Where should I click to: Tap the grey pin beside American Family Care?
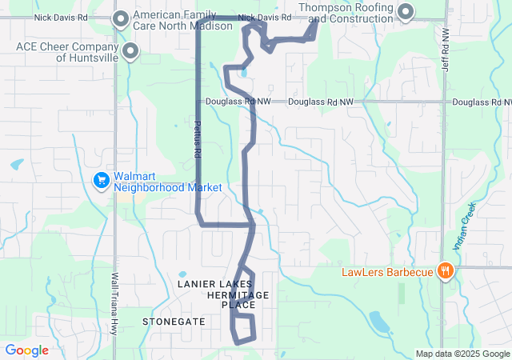point(122,18)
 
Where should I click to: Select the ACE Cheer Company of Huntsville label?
point(67,52)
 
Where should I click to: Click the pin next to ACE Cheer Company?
point(129,52)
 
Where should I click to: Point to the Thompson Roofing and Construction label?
point(348,13)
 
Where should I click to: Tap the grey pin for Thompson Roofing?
point(406,11)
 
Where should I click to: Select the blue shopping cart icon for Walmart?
point(102,180)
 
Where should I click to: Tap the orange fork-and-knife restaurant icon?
point(446,271)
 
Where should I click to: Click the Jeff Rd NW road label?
point(446,50)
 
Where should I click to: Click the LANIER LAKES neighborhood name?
point(214,284)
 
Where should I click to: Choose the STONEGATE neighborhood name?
point(174,322)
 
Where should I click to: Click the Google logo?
point(27,350)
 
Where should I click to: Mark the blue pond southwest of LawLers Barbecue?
point(379,322)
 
